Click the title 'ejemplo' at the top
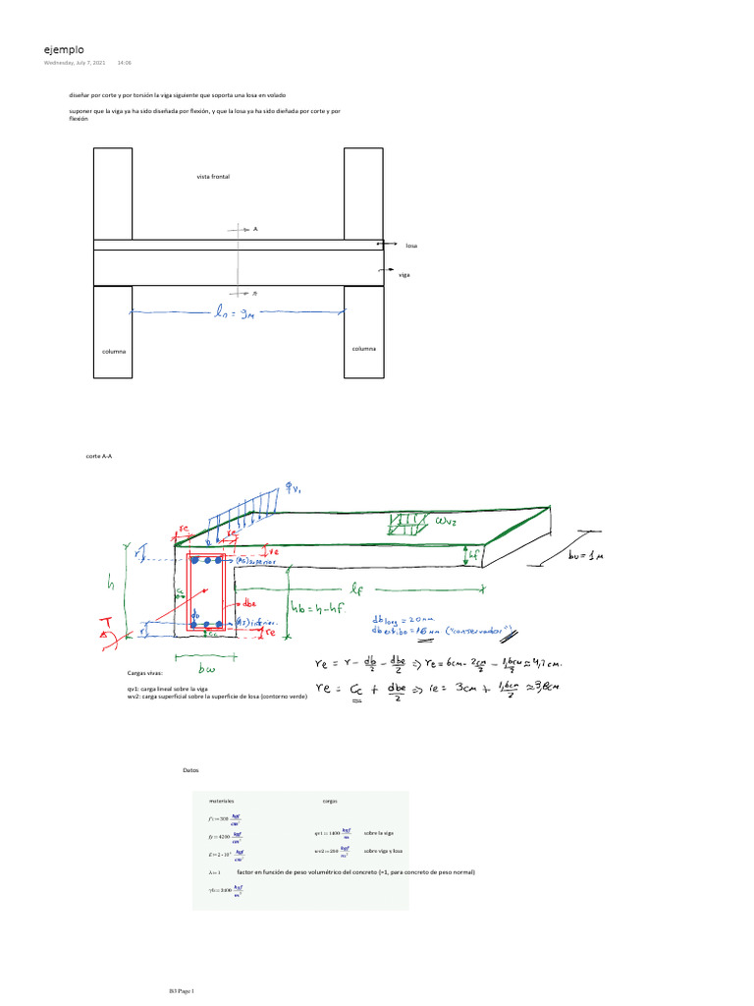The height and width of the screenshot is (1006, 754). (x=64, y=49)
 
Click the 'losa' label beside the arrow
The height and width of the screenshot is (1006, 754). (x=411, y=246)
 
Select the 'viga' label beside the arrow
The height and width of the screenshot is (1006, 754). (x=404, y=275)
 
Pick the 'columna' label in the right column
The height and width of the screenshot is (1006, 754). (x=363, y=348)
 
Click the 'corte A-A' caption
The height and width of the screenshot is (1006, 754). (x=99, y=457)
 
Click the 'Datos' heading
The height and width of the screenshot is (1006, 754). (x=191, y=770)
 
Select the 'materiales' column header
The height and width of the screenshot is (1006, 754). (x=221, y=802)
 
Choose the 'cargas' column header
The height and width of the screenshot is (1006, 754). (x=331, y=802)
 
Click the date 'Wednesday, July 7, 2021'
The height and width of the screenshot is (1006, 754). (x=75, y=64)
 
